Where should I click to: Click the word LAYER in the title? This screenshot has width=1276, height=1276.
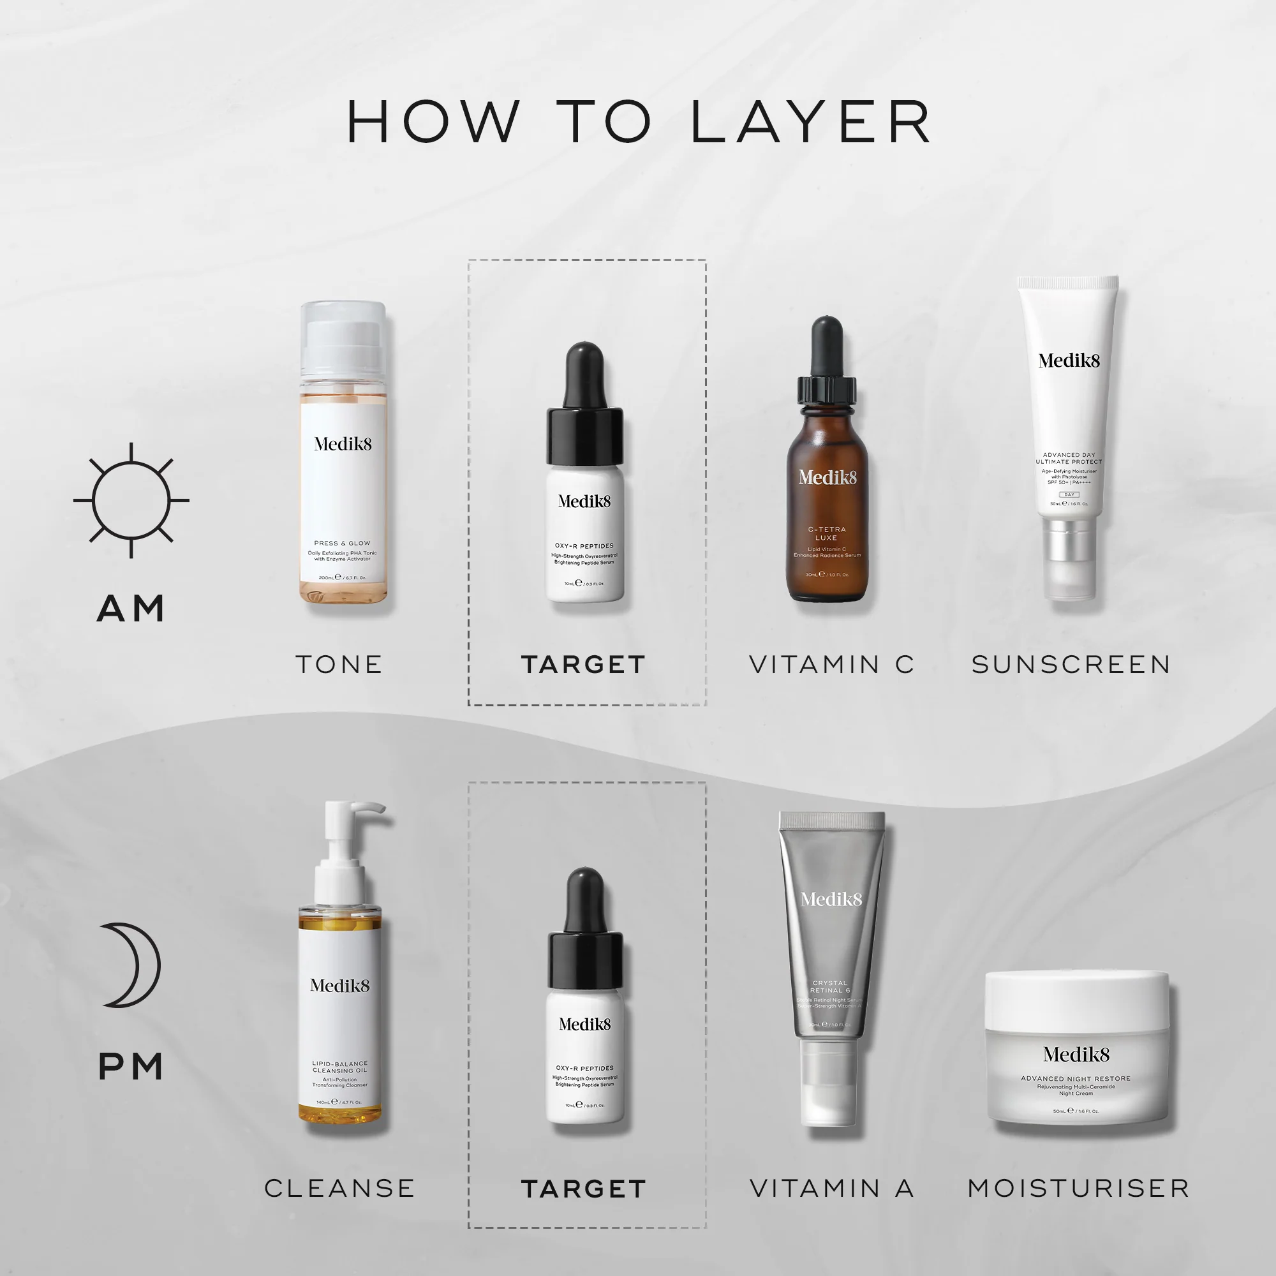[811, 122]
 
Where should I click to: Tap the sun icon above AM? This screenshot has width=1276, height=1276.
[131, 500]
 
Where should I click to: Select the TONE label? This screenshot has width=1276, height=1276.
[339, 664]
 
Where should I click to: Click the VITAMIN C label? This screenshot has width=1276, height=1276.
[831, 664]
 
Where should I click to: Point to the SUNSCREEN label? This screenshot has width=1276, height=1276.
[1071, 664]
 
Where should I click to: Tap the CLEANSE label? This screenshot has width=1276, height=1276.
[339, 1188]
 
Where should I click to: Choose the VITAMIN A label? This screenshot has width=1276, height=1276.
[831, 1188]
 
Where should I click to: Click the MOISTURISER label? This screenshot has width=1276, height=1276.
[1078, 1188]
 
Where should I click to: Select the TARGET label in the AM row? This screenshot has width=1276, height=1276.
[583, 664]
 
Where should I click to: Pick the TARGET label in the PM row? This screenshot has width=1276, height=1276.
[583, 1189]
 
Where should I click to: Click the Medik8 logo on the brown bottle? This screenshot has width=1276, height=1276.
[827, 477]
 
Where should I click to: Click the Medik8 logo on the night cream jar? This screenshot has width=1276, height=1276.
[1076, 1055]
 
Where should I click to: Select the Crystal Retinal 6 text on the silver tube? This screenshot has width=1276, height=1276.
[830, 987]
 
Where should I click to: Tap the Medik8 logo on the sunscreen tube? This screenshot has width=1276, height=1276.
[1069, 360]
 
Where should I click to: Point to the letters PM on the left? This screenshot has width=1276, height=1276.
[131, 1067]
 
